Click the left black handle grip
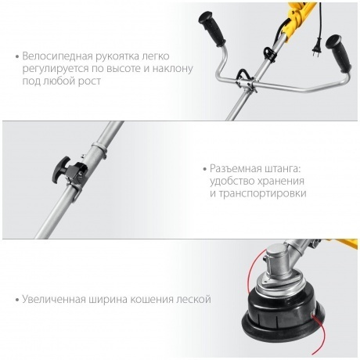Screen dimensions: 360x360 click(x=212, y=29)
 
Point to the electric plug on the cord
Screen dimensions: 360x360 click(x=317, y=48)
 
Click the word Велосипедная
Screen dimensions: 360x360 click(x=57, y=56)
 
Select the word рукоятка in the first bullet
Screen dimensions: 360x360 click(x=117, y=56)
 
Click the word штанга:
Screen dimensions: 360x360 click(x=283, y=170)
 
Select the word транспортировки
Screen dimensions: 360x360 click(x=262, y=194)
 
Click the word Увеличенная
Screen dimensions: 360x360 click(x=54, y=299)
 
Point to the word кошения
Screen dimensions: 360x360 click(x=152, y=300)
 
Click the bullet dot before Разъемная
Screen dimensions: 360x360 click(x=205, y=169)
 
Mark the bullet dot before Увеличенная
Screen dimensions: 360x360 click(x=17, y=300)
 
